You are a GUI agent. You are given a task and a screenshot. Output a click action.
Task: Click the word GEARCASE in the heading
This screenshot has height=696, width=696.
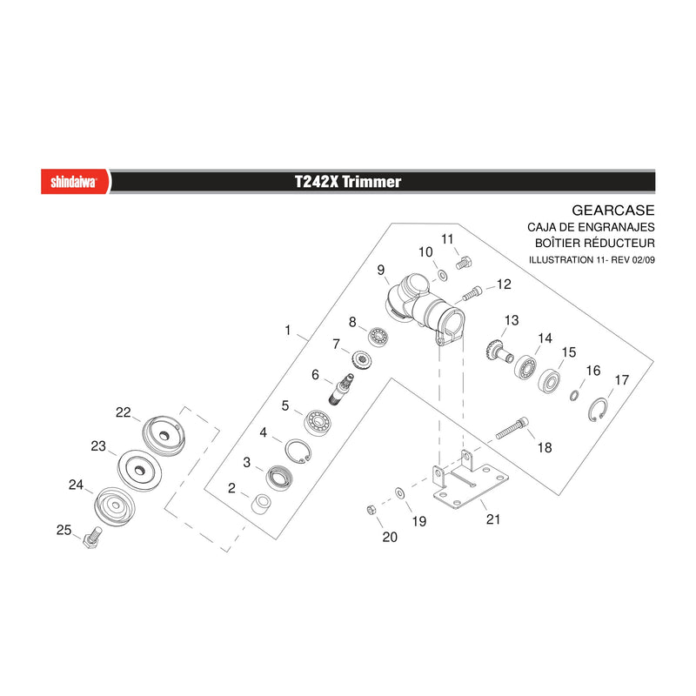point(613,211)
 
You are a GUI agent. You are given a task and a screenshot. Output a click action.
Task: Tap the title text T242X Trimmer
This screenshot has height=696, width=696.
point(348,182)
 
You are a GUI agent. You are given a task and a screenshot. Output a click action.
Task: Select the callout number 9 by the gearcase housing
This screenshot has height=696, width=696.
point(381,270)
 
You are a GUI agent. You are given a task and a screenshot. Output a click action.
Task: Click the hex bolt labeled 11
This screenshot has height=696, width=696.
point(464,263)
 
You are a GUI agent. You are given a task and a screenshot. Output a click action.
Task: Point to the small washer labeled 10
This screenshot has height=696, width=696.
point(443,276)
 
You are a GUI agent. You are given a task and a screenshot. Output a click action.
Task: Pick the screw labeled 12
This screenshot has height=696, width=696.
point(472,293)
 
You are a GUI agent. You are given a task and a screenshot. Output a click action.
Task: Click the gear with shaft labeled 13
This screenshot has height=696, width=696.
point(499,351)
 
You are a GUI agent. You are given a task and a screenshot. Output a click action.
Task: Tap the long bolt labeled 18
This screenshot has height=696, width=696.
point(512,428)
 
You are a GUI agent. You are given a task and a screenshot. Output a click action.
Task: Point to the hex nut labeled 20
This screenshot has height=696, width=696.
point(371,510)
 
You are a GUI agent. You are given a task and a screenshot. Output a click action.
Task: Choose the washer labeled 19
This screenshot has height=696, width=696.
point(399,492)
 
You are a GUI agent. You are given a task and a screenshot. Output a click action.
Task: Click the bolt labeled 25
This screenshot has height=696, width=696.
point(92,538)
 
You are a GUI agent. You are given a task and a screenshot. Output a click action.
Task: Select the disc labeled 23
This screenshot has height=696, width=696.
point(139,471)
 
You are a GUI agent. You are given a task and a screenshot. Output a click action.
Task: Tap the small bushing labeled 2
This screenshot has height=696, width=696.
point(262,505)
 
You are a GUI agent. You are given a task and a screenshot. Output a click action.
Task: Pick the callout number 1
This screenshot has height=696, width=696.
point(288,331)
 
